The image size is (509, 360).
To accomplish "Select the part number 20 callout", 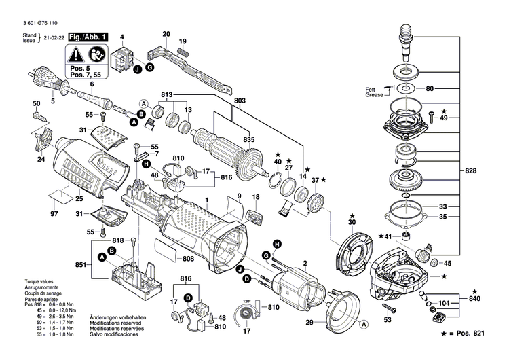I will click(x=166, y=34).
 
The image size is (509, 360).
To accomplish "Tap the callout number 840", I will click(x=478, y=299).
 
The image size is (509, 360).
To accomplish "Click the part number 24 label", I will click(x=40, y=160).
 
